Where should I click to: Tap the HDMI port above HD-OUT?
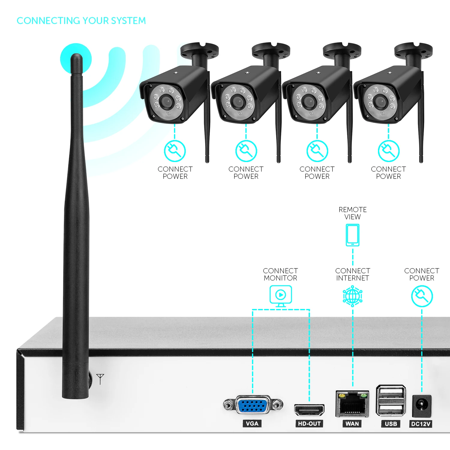pos(309,410)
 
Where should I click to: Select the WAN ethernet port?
pos(352,404)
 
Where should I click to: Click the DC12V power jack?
pos(422,406)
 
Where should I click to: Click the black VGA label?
pos(252,424)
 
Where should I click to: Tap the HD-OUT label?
pos(309,424)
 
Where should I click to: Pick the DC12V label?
pos(421,424)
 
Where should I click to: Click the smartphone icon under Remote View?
pos(352,235)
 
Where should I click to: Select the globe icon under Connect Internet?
pos(352,296)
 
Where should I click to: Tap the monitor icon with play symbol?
pos(280,295)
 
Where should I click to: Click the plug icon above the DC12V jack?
pos(422,296)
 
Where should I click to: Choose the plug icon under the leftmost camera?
pos(175,151)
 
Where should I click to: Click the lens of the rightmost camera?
pos(380,102)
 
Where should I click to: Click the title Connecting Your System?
pos(81,21)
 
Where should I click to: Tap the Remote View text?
pos(352,213)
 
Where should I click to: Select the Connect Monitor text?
pos(280,274)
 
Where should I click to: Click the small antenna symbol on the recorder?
pos(100,379)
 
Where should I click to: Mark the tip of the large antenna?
pos(76,57)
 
